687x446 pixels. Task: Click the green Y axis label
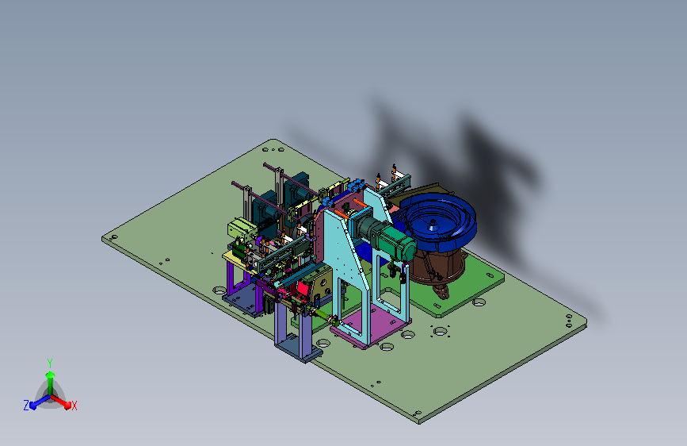[49, 363]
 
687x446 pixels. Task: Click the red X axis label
[74, 406]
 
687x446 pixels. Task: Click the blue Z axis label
[26, 406]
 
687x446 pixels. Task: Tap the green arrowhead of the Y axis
[50, 375]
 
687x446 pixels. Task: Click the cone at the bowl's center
[433, 225]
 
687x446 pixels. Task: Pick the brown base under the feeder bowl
[436, 266]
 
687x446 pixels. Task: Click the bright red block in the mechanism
[303, 288]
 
